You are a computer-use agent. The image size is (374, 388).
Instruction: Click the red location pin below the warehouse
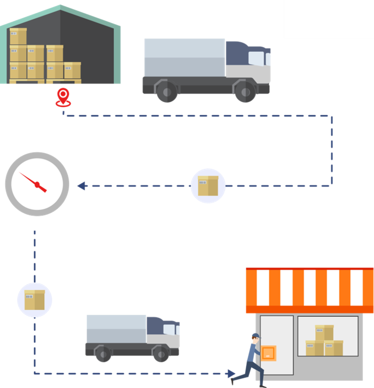click(64, 97)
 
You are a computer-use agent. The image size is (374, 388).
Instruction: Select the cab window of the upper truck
click(257, 58)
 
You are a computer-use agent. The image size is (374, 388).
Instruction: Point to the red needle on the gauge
click(33, 182)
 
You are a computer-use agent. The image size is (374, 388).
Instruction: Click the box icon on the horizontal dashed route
click(208, 186)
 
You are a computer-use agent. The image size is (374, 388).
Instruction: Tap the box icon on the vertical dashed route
click(35, 300)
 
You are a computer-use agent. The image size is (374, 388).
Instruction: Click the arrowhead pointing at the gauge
click(82, 186)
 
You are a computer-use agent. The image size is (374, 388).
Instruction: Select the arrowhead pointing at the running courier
click(231, 374)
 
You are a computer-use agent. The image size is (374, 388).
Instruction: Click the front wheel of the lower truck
click(160, 353)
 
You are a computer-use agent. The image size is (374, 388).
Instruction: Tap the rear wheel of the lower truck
click(103, 353)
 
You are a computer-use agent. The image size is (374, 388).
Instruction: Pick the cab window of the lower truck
click(170, 330)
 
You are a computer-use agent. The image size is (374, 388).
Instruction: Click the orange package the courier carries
click(268, 353)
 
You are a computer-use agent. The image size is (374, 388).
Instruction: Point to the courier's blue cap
click(255, 335)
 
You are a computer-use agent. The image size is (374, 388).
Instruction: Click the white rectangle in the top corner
click(328, 19)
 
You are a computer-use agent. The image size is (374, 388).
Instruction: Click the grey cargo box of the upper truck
click(185, 57)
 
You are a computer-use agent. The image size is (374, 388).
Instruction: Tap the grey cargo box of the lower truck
click(116, 329)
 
